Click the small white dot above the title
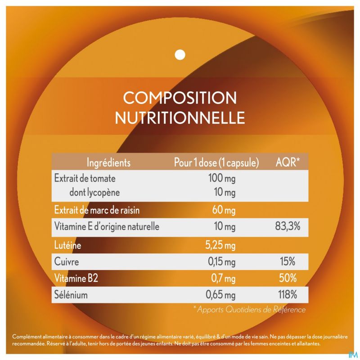tap(180, 54)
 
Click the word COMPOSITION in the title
tap(180, 98)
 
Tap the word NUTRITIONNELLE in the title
tap(180, 118)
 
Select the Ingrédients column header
tap(108, 162)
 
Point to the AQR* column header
tap(288, 162)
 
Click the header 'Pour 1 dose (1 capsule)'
tap(216, 162)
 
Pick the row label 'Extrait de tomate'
tap(85, 178)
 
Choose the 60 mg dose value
tap(224, 210)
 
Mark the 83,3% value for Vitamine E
tap(288, 226)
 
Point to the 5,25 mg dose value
tap(220, 246)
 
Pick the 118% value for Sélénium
tap(287, 295)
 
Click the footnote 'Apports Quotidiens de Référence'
tap(249, 310)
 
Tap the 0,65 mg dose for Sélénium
tap(220, 295)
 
